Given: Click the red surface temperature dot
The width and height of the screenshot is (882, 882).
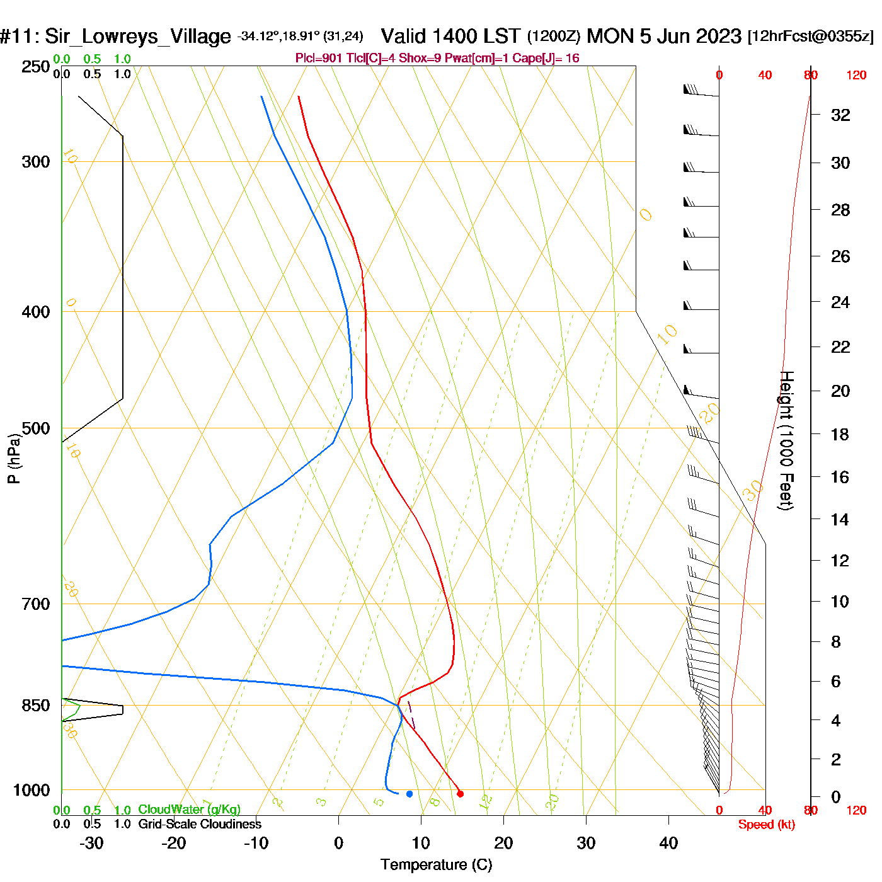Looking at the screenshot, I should point(460,794).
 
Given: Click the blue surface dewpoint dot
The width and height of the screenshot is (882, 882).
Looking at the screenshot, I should point(409,794).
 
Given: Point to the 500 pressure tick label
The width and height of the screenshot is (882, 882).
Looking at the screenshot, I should point(36,429).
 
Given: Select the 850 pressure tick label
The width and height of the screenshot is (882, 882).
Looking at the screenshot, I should point(36,706).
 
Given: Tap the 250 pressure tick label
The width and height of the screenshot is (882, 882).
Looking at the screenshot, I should point(36,67).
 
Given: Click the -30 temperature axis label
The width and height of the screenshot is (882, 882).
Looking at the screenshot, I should point(91,843).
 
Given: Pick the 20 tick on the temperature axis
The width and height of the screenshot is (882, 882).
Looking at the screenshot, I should point(503,843).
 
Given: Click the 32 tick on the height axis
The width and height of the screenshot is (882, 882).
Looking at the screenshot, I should point(840,115).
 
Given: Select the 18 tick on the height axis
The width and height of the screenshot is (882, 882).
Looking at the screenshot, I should point(840,435).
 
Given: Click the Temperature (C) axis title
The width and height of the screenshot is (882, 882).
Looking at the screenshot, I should point(436,865).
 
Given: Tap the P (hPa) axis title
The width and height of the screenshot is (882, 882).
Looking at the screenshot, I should point(14,459).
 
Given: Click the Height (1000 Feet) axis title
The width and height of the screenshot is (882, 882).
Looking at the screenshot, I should point(786,440).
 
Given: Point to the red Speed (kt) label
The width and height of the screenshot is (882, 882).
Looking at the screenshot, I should point(766,825).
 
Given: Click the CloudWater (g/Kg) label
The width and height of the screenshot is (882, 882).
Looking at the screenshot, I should point(189,810).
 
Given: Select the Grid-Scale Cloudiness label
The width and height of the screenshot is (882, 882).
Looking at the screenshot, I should point(200,824).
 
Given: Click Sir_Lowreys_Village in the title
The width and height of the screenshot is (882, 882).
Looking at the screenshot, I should point(137,37).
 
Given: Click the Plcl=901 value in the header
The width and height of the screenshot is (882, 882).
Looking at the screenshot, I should point(319,59).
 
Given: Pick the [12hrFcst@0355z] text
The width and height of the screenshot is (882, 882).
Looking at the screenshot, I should point(811,37).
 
